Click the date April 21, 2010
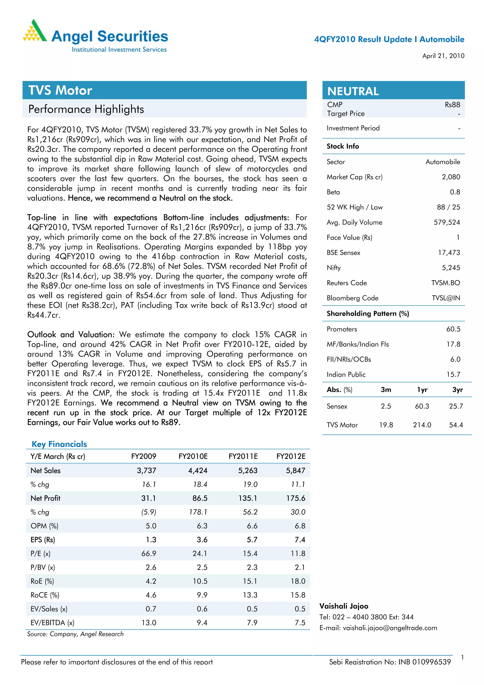point(443,56)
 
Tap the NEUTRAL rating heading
point(353,91)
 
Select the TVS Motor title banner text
point(60,90)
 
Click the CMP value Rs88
point(452,105)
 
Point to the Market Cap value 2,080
point(451,177)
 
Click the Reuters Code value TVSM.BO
point(445,283)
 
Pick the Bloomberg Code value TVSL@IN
point(445,298)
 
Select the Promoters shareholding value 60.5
point(453,329)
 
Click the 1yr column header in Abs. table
point(422,390)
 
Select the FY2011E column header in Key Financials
point(243,456)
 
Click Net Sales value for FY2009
point(147,471)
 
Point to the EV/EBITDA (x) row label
point(52,623)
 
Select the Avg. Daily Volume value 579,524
point(446,222)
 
